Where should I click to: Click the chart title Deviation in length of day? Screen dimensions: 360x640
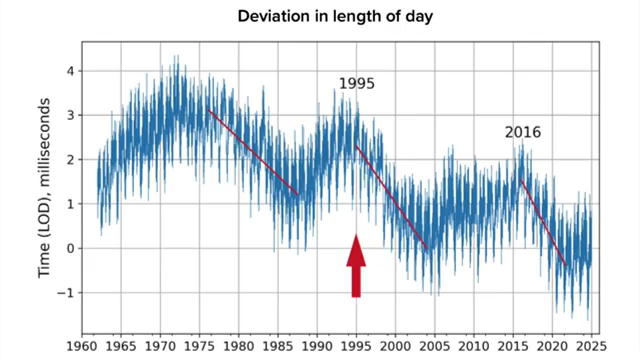tap(335, 16)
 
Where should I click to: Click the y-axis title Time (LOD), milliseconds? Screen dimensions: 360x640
tap(45, 188)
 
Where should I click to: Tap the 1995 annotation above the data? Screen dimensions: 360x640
tap(356, 84)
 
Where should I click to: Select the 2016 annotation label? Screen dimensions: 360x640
tap(522, 132)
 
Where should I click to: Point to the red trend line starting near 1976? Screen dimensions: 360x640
tap(253, 152)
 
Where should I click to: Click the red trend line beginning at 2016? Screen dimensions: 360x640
tap(543, 222)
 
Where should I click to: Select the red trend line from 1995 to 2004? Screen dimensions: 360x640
tap(391, 197)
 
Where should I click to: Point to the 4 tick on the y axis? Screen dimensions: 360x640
tap(71, 71)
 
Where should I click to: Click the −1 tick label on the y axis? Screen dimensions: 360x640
tap(67, 293)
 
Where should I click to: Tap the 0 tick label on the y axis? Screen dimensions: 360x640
tap(71, 248)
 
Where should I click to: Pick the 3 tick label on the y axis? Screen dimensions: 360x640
tap(71, 115)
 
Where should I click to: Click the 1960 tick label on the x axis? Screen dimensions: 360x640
tap(82, 346)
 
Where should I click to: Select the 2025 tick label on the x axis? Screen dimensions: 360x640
tap(592, 346)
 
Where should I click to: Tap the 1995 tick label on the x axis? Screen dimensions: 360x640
tap(356, 346)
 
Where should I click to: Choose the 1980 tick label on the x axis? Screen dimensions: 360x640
tap(239, 346)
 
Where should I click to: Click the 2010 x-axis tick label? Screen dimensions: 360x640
tap(474, 346)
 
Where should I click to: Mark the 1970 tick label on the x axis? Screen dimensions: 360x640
tap(160, 346)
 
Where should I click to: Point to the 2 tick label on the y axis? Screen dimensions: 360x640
tap(71, 160)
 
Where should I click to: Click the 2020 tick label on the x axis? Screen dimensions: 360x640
tap(552, 346)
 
